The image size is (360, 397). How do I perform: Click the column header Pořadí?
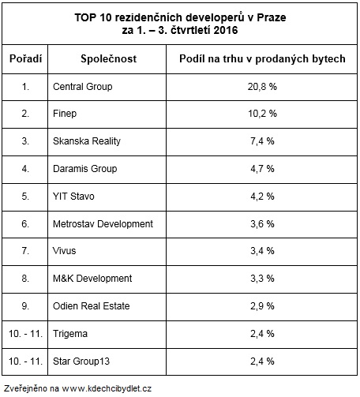25,58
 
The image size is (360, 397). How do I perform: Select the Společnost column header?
109,58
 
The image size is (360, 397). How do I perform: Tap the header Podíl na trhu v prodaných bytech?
262,59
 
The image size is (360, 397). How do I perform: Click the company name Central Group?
83,87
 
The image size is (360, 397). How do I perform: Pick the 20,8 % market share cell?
262,87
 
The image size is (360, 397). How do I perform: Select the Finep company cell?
65,114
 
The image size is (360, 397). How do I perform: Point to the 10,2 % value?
262,114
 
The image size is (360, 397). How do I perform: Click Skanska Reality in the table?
87,141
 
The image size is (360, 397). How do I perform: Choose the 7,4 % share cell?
262,141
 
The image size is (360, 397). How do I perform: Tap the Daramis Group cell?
85,169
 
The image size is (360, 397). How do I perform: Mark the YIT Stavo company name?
73,197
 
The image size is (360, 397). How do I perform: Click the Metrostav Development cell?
103,224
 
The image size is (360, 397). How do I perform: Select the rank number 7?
25,251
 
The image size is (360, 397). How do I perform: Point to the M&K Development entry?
92,279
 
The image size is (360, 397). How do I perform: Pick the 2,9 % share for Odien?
262,306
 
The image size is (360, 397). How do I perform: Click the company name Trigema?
70,334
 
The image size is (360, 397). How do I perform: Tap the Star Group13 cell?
81,361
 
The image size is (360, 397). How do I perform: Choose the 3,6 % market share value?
262,224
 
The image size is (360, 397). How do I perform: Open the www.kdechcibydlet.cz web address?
107,388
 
